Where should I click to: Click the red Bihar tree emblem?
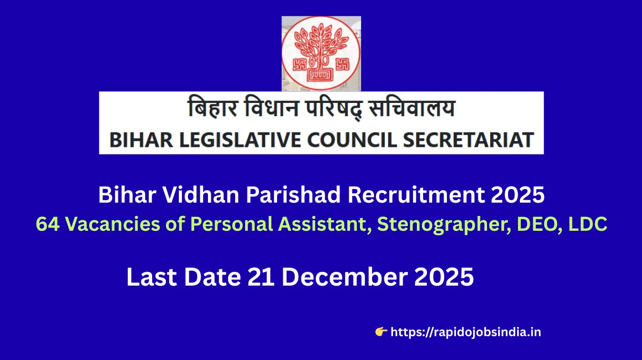[321, 53]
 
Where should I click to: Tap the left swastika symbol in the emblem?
[299, 65]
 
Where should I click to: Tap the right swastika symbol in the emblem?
[343, 65]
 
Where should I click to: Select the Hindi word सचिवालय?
[412, 107]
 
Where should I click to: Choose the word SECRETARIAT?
[468, 140]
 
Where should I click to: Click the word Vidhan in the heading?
[201, 195]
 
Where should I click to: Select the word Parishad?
[293, 195]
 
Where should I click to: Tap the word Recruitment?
[416, 195]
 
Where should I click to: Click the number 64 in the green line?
[48, 224]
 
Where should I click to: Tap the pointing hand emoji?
[381, 332]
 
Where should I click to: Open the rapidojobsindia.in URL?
[466, 332]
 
